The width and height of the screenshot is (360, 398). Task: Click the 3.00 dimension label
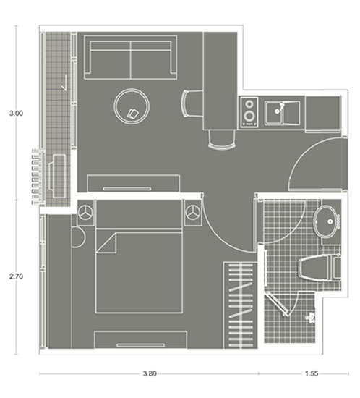coord(16,113)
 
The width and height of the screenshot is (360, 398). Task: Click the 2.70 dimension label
coord(16,276)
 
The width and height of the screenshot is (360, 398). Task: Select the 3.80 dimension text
coord(150,373)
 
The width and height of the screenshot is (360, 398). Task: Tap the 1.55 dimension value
coord(312,373)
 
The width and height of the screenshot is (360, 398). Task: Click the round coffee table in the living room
coord(132,106)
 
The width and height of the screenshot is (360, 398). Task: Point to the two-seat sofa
coord(131,57)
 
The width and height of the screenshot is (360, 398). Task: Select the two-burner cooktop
coord(249,111)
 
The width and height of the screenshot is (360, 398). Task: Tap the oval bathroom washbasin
coord(325,221)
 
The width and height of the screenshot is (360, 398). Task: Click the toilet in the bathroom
coord(319,268)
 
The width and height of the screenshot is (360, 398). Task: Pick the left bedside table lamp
coord(85,212)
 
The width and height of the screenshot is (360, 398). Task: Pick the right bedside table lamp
coord(193,212)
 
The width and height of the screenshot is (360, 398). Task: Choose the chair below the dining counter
coord(222,140)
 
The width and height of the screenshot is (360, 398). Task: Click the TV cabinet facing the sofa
coord(134,183)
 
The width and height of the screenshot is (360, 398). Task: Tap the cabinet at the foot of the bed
coord(141,339)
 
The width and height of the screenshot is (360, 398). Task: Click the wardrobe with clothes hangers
coord(240,305)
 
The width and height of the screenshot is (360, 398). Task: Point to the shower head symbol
coord(312,318)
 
